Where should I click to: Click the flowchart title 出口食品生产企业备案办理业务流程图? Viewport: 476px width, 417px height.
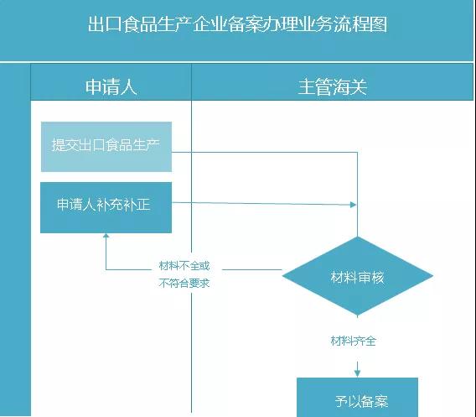(x=238, y=24)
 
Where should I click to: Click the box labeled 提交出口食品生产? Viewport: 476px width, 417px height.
(x=106, y=146)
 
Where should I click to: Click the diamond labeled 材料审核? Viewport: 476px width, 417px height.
(x=358, y=276)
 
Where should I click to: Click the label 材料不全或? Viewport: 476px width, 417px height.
(x=184, y=266)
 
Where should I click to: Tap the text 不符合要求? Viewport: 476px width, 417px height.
(x=184, y=283)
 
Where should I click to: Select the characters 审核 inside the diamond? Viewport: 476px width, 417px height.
(x=370, y=277)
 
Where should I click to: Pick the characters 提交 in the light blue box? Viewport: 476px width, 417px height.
(x=64, y=146)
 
